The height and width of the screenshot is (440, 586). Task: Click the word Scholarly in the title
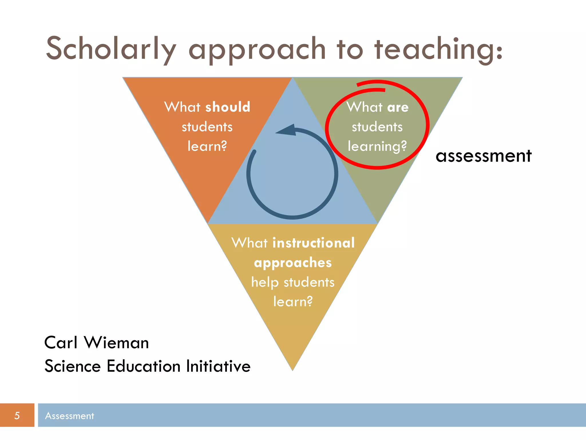111,49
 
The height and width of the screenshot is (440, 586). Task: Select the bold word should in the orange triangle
228,107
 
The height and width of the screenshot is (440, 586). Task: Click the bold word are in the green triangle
398,107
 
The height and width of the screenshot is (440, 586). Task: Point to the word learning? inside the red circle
377,146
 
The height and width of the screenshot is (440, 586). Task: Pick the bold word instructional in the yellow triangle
314,243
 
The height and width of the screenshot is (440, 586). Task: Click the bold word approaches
293,263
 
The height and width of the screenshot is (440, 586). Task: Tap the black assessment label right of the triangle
484,156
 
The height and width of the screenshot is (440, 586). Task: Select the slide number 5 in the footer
17,416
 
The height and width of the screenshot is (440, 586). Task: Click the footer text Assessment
70,416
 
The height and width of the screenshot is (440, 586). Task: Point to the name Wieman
116,343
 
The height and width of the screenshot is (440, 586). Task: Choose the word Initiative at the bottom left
218,366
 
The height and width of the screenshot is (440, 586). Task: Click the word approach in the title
257,49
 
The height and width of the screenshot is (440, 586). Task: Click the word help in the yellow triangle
265,282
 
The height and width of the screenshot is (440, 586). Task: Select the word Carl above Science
61,343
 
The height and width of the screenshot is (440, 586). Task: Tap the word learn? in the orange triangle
207,146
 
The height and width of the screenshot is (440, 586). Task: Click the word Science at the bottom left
73,366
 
